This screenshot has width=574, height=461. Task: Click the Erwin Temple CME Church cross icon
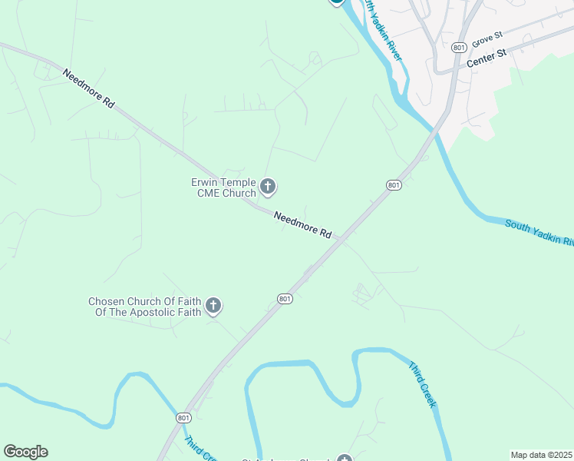tap(268, 186)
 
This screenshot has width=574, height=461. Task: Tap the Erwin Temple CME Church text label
tap(223, 187)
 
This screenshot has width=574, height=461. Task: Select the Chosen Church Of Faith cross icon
tap(213, 307)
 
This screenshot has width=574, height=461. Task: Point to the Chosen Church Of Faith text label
tap(145, 307)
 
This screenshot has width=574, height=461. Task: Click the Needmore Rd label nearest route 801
tap(303, 225)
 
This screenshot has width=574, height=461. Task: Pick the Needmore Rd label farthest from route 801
tap(88, 88)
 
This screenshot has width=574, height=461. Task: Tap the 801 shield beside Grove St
tap(459, 48)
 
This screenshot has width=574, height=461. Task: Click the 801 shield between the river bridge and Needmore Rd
tap(393, 185)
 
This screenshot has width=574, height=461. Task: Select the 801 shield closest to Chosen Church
tap(285, 298)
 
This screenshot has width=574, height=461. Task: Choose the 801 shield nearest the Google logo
tap(183, 417)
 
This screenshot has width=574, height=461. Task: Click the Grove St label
tap(487, 37)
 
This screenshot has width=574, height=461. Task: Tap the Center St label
tap(487, 58)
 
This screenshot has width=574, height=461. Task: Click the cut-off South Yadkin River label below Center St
tap(539, 232)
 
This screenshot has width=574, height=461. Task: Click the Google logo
tap(25, 452)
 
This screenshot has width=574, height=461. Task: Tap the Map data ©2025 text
tap(541, 455)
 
